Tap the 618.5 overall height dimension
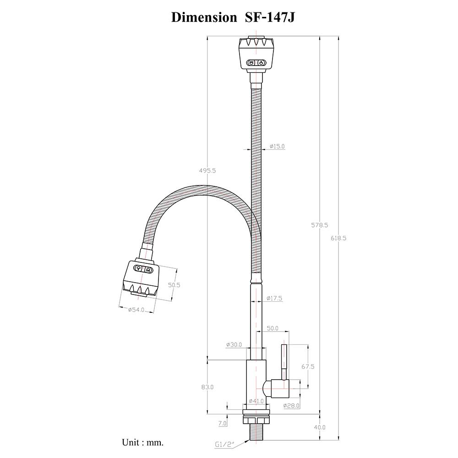(x=338, y=238)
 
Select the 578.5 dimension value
(x=319, y=225)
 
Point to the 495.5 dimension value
(x=207, y=170)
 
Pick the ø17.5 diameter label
(x=274, y=298)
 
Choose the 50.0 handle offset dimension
(x=273, y=328)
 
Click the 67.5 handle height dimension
(x=307, y=367)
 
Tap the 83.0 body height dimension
(x=207, y=387)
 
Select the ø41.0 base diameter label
(x=256, y=401)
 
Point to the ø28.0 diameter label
(x=291, y=405)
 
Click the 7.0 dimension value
(x=222, y=424)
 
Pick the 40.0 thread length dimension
(x=319, y=427)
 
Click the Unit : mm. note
(x=142, y=442)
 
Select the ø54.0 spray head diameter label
(x=136, y=310)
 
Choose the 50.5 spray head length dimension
(x=174, y=284)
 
